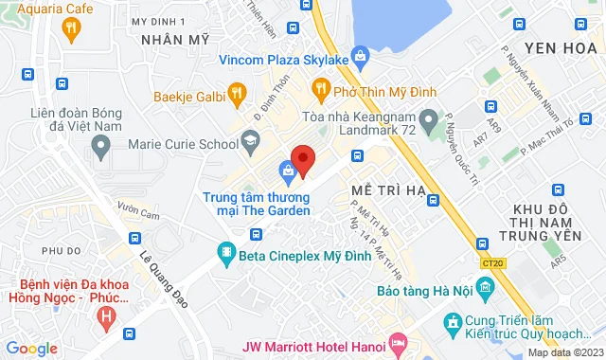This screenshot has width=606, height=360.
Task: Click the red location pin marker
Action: click(302, 160)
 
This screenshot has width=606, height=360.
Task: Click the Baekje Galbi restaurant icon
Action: click(238, 94)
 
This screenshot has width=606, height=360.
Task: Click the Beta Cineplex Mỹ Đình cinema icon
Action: click(225, 253)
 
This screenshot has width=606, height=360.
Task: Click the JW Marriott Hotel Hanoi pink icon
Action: click(398, 338)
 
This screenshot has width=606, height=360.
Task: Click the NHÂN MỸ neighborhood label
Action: click(174, 40)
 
